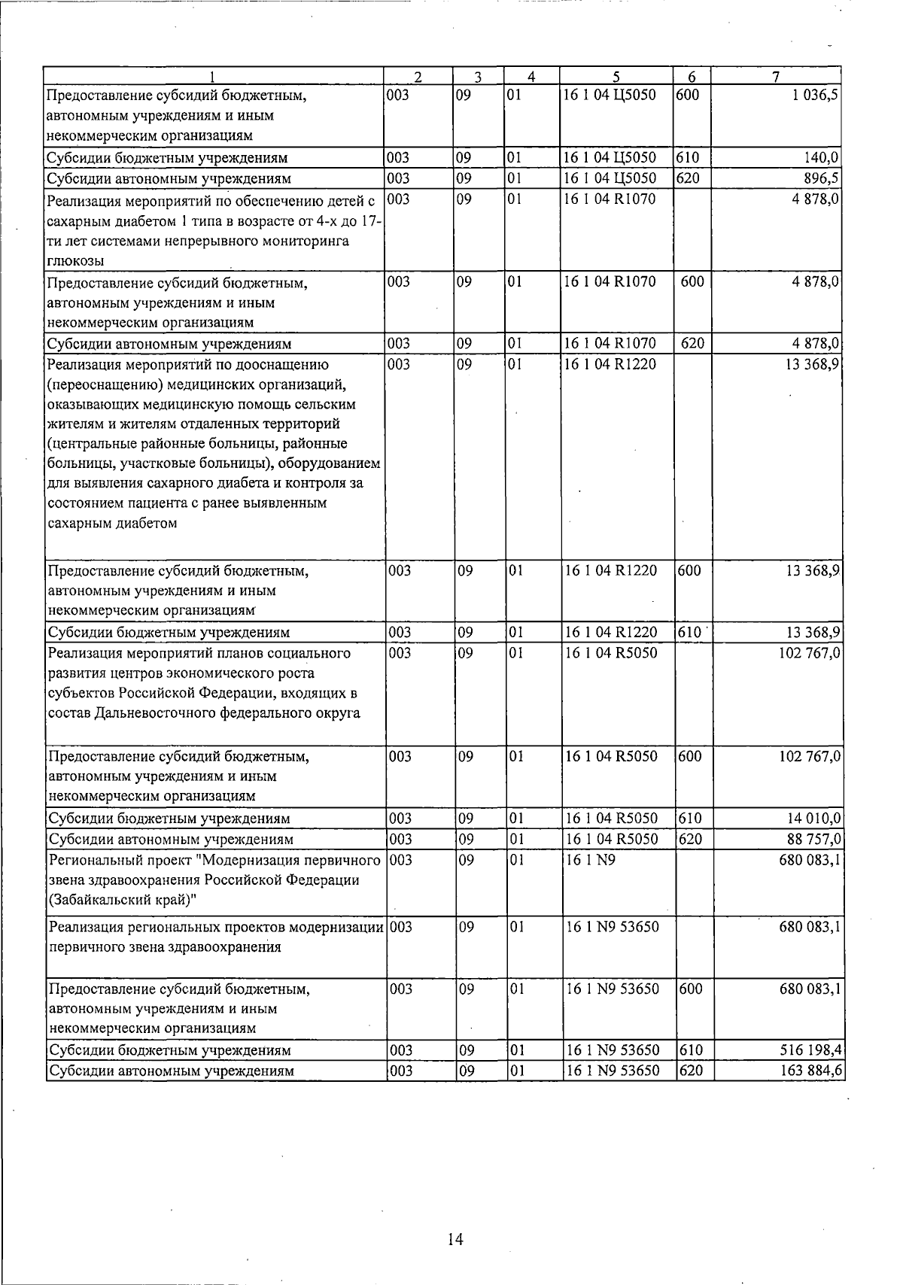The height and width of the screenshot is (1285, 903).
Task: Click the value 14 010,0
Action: pyautogui.click(x=814, y=818)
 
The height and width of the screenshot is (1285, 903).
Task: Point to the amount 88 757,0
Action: pyautogui.click(x=814, y=839)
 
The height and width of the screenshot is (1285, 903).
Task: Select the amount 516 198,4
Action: pyautogui.click(x=811, y=1050)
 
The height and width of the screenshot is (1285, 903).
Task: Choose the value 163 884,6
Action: pyautogui.click(x=811, y=1071)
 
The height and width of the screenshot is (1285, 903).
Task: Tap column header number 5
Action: pyautogui.click(x=616, y=76)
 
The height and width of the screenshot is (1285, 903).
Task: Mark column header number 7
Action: pyautogui.click(x=776, y=76)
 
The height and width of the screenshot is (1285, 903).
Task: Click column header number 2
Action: pyautogui.click(x=417, y=76)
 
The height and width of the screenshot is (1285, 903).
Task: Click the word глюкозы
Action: pyautogui.click(x=75, y=261)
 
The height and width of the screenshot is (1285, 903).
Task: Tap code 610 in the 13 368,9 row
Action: pyautogui.click(x=689, y=632)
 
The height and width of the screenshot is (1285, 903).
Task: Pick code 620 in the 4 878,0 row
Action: pyautogui.click(x=692, y=344)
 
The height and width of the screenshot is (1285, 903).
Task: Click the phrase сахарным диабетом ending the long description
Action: pyautogui.click(x=112, y=524)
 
